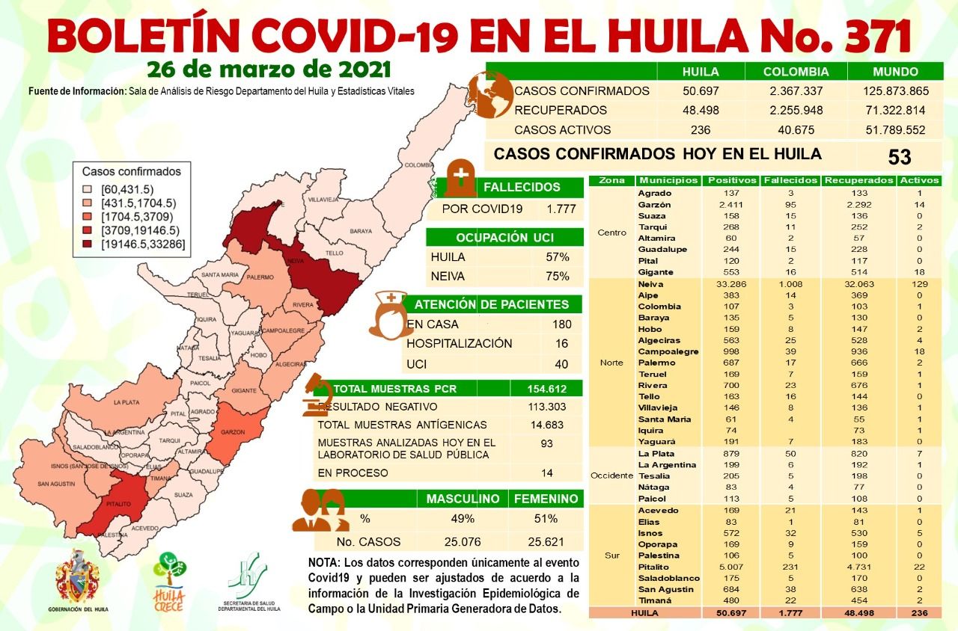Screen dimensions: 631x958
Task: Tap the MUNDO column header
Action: [894, 72]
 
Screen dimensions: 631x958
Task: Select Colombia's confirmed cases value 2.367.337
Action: [796, 91]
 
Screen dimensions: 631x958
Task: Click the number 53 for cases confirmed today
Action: [899, 157]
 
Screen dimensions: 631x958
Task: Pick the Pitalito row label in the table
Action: [654, 567]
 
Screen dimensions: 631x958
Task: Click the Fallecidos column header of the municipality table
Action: [790, 180]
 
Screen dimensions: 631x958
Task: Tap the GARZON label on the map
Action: [228, 433]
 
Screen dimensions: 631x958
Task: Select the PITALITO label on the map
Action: [120, 506]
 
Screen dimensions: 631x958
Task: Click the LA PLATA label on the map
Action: [126, 403]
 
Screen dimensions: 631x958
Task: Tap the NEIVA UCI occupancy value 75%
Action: [557, 276]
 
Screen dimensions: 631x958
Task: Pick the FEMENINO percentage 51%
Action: [546, 519]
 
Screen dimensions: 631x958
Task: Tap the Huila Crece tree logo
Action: [169, 573]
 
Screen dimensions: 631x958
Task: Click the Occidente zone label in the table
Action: [611, 475]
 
